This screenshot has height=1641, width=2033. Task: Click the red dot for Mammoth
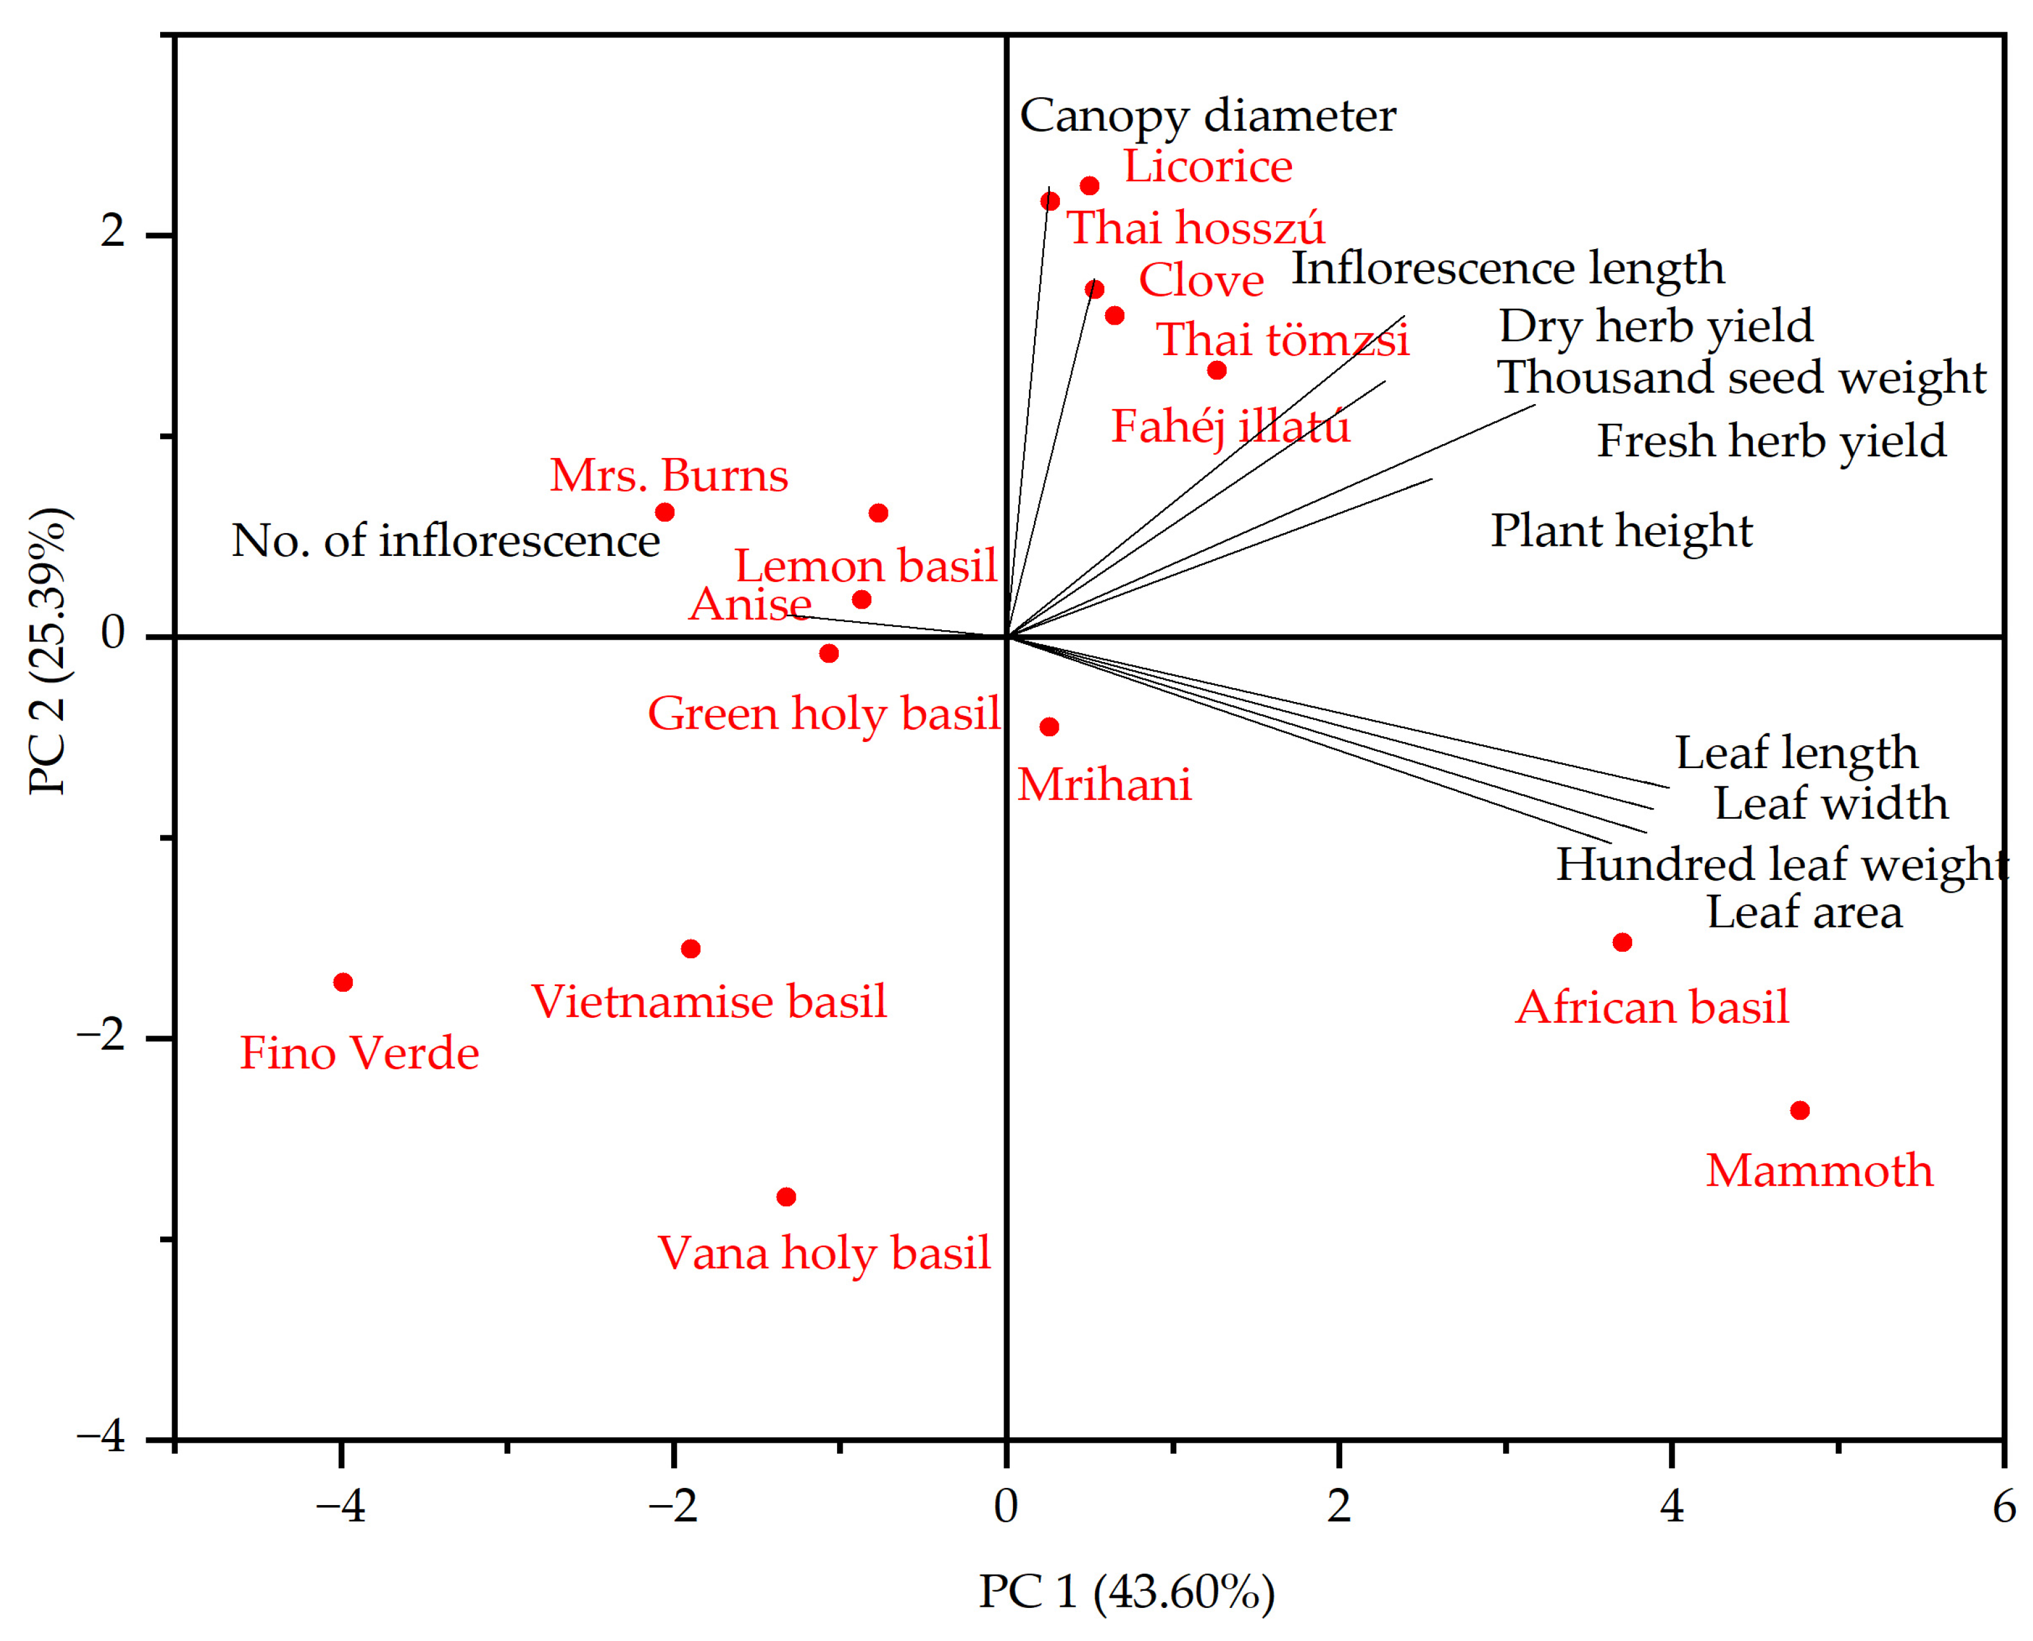pos(1799,1110)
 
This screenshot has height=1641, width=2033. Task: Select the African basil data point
pos(1622,942)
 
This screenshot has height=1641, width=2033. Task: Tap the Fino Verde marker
pos(343,982)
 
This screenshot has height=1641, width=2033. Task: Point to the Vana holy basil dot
pos(785,1197)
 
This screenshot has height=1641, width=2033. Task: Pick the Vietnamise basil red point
pos(690,948)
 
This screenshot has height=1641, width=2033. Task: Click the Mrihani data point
pos(1049,726)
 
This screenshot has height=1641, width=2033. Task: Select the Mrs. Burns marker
pos(665,512)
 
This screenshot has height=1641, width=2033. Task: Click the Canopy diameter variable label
pos(1207,116)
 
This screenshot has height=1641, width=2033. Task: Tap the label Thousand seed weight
pos(1741,377)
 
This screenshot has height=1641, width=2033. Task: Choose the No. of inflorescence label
pos(445,541)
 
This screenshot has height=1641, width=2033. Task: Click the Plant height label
pos(1621,530)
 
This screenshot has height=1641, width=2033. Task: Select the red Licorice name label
pos(1207,167)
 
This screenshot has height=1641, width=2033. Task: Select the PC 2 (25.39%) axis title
pos(47,652)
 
